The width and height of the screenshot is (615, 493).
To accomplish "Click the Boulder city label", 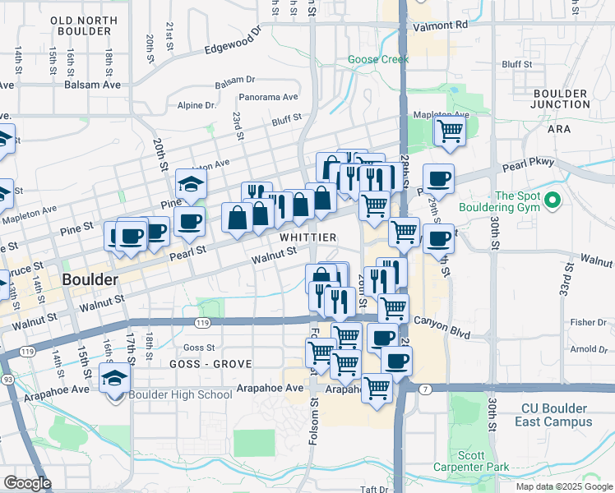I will pyautogui.click(x=89, y=279).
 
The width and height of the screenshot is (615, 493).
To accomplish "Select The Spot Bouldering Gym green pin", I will pyautogui.click(x=552, y=200).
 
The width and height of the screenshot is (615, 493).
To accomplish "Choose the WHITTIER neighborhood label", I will pyautogui.click(x=307, y=237).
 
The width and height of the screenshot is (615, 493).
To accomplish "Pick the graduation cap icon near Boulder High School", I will pyautogui.click(x=114, y=379).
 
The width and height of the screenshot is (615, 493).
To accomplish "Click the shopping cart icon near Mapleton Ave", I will pyautogui.click(x=450, y=130).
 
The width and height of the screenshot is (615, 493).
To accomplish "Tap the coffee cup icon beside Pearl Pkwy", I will pyautogui.click(x=438, y=178).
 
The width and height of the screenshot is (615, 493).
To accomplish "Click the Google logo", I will pyautogui.click(x=27, y=483).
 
